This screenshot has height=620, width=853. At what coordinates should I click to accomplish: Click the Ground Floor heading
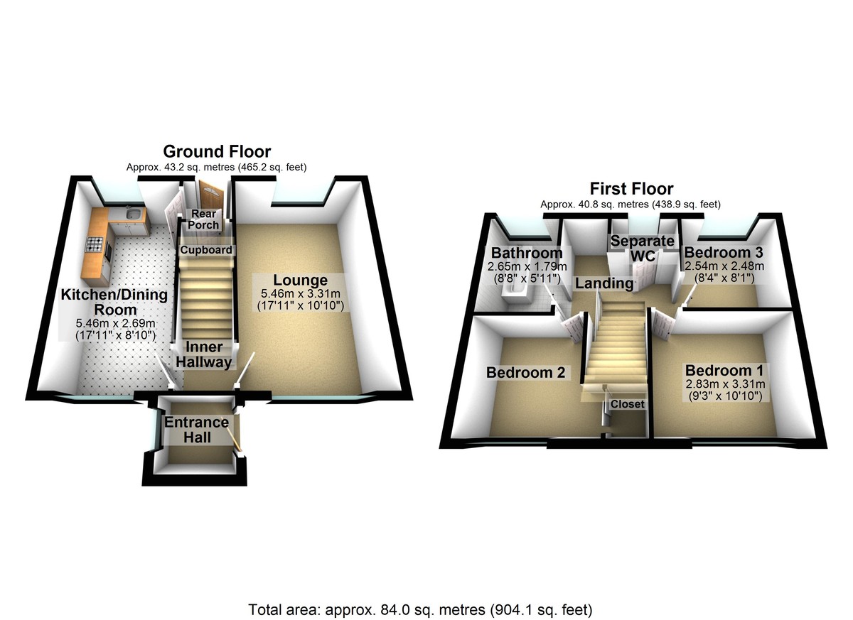point(217,152)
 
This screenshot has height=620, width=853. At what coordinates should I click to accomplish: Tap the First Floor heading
point(631,189)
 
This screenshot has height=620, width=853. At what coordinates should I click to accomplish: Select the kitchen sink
point(134,215)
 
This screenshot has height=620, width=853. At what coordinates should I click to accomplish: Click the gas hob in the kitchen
point(95,244)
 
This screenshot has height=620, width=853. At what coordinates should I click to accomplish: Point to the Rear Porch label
point(203,219)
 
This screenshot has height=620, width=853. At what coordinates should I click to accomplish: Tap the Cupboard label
point(206,250)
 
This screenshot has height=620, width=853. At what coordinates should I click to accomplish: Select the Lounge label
point(301,281)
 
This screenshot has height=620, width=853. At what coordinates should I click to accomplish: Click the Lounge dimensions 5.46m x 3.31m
point(301,293)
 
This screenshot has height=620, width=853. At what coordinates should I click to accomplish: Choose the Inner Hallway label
point(204,354)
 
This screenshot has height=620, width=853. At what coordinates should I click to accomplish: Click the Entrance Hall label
point(196,430)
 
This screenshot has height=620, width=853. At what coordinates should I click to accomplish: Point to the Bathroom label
point(527,253)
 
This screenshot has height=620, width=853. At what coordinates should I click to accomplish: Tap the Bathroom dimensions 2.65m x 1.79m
point(527,266)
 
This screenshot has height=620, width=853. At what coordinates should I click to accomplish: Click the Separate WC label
point(643,249)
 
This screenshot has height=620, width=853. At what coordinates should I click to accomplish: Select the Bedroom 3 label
point(724,253)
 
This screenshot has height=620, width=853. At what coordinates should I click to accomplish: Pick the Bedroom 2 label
point(525,372)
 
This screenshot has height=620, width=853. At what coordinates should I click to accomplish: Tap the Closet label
point(628,404)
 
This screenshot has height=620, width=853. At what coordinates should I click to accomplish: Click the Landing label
point(604,283)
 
